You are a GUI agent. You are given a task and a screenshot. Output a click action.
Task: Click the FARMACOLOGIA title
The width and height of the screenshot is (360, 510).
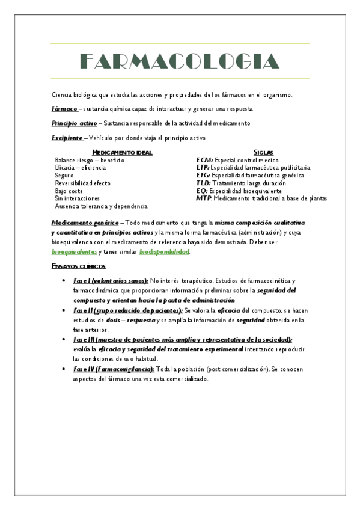coord(180,61)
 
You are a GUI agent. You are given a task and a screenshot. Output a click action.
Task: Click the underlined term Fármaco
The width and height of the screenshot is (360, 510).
coord(64,109)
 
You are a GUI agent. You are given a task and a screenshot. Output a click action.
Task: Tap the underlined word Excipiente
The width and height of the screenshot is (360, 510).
coord(67,138)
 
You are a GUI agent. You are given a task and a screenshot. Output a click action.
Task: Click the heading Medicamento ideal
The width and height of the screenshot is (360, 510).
coord(122,152)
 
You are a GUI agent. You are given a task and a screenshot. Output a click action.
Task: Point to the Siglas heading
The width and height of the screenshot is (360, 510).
coord(264,152)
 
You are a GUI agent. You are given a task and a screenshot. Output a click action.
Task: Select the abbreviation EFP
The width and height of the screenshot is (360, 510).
coord(203,168)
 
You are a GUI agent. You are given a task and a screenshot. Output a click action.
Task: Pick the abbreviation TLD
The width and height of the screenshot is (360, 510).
coord(203,183)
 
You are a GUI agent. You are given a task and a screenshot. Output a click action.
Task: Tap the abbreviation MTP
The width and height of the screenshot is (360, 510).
coord(204,198)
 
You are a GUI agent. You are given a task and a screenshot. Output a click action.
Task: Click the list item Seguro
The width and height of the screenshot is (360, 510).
coord(64,175)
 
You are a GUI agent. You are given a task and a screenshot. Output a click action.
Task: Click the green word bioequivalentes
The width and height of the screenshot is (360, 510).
coord(74,251)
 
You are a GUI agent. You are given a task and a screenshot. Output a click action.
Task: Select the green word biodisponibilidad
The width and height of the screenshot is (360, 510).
coord(164,251)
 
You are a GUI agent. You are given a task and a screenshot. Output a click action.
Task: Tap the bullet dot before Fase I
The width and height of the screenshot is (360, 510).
coord(64,281)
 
